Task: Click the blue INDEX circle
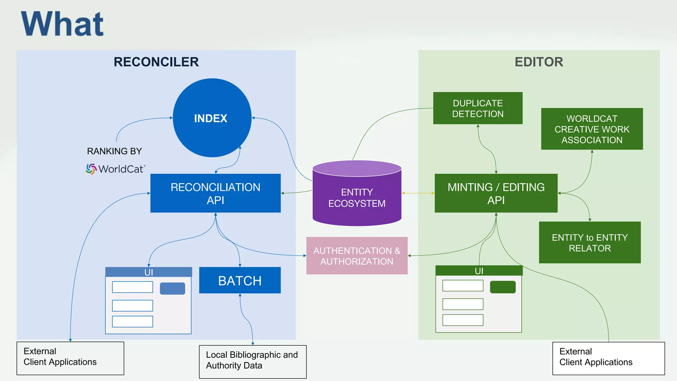212,118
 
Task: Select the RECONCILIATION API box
216,193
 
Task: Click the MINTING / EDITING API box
496,193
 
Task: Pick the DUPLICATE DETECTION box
478,108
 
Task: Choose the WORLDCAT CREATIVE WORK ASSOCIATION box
592,129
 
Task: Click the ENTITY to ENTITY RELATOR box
590,242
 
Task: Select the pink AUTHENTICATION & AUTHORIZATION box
357,256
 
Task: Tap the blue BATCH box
240,280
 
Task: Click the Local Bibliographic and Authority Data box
253,361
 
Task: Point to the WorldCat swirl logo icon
91,169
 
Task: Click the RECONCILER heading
156,62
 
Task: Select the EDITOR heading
539,62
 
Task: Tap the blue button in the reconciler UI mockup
172,288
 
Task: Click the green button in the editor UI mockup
502,287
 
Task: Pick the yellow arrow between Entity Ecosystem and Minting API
418,193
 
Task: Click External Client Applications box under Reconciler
70,358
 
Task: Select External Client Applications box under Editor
608,358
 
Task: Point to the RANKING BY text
114,151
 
